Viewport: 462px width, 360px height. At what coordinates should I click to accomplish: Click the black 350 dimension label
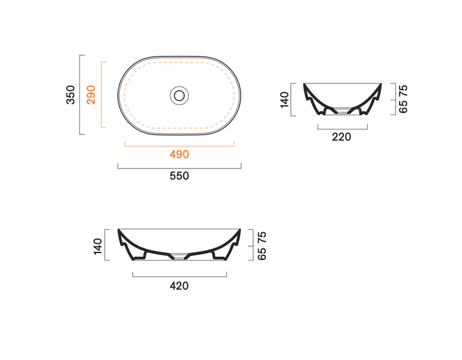[71, 95]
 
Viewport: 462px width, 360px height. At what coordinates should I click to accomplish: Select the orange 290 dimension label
[91, 95]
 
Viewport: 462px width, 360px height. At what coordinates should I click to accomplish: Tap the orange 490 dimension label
[179, 154]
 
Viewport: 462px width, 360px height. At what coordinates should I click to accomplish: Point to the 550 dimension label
[179, 176]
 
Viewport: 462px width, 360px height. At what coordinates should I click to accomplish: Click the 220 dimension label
[341, 137]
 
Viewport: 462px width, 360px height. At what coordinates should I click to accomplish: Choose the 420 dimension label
[179, 286]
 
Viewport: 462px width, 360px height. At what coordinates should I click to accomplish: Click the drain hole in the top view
[179, 95]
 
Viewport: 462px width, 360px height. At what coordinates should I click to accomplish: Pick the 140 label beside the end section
[284, 100]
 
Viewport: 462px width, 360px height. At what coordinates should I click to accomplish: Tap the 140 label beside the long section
[98, 246]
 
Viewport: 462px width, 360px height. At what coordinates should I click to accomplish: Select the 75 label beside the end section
[403, 90]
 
